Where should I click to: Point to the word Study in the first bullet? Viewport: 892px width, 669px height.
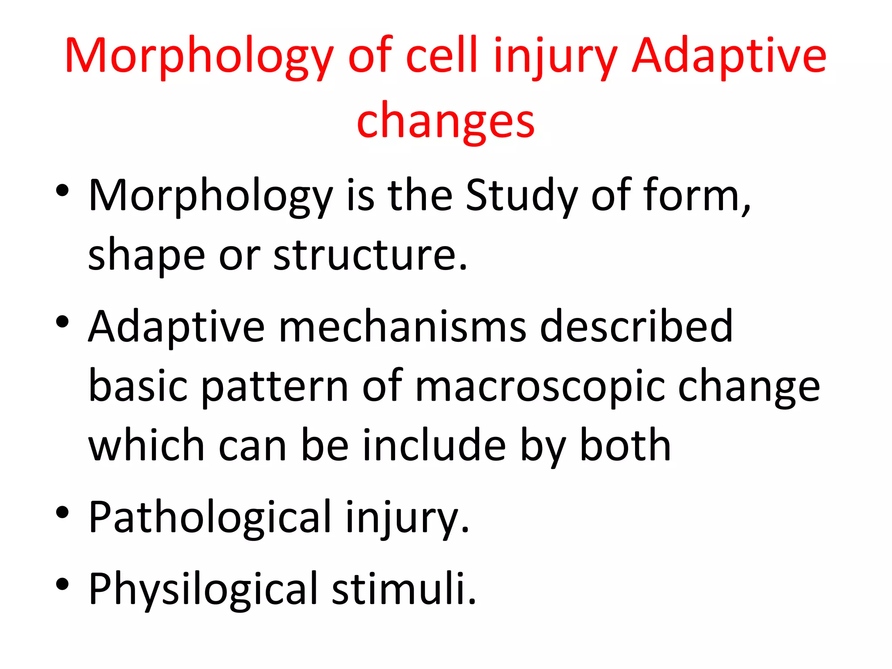pos(521,196)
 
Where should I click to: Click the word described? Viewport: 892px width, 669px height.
pos(636,327)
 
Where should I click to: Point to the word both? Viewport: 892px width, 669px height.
pos(625,445)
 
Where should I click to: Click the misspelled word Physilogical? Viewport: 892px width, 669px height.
pos(203,589)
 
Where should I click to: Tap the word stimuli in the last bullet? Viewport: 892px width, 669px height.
pos(403,589)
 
